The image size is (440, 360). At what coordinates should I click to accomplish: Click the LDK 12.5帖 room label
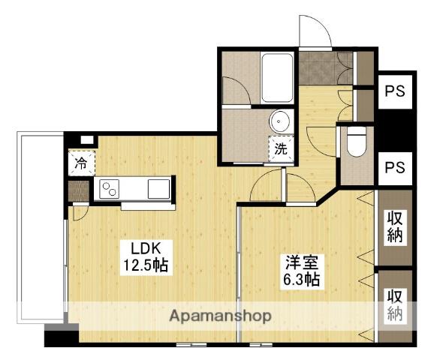point(146,256)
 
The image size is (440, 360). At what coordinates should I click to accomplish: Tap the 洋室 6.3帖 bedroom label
point(302,271)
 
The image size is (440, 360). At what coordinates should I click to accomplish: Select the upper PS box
point(395,91)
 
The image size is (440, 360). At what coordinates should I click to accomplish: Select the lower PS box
point(395,168)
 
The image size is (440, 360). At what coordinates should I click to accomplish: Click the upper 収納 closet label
point(395,226)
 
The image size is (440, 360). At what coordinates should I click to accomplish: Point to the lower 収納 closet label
point(395,305)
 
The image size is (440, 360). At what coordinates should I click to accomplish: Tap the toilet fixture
point(357,142)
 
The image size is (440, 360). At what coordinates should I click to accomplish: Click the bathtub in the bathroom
point(277,78)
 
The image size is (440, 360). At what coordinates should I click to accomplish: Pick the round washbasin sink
point(279,121)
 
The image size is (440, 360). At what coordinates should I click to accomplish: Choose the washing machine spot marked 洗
point(281,149)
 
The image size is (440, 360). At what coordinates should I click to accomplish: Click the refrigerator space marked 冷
point(82,163)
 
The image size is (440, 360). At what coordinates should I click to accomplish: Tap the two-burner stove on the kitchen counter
point(110,189)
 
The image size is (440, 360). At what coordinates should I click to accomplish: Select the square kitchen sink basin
point(159,189)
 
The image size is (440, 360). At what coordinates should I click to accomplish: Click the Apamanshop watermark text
point(220,316)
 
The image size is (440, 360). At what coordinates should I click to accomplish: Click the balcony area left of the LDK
point(41,228)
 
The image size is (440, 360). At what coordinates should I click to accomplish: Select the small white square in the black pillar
point(88,140)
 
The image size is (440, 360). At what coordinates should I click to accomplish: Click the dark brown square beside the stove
point(79,191)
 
